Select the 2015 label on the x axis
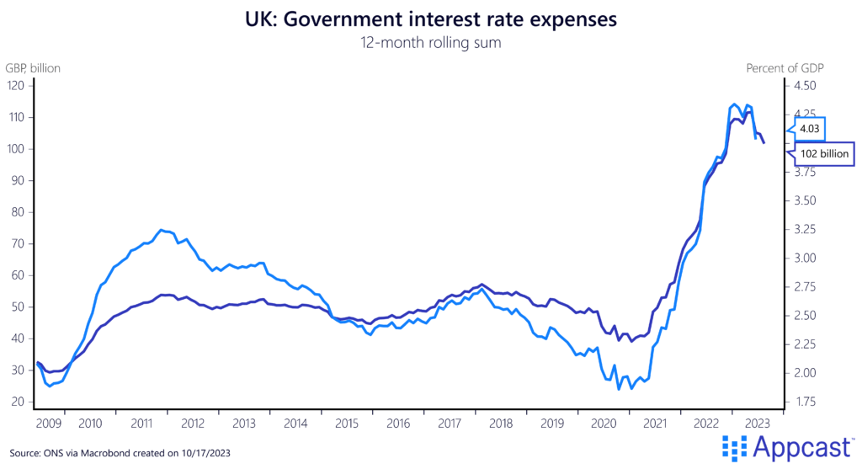tap(349, 423)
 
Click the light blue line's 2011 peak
tap(161, 229)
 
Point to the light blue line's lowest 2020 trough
tap(619, 389)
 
